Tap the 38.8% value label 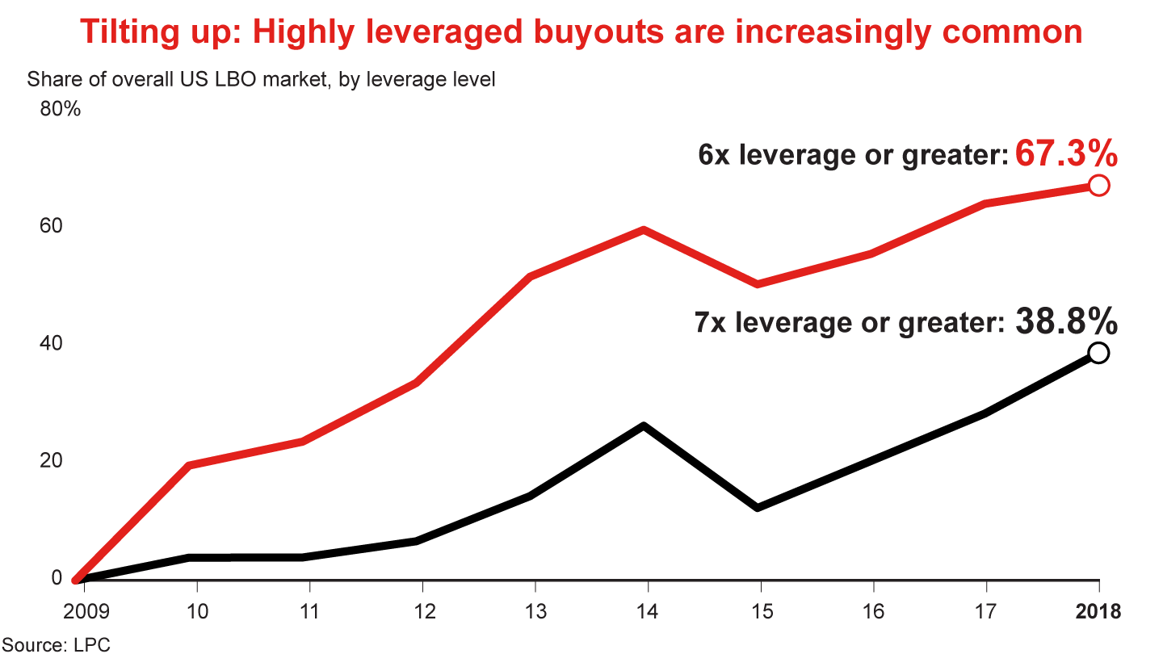1066,321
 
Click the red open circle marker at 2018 1098,186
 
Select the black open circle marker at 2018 1098,353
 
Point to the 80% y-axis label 60,109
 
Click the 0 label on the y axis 57,577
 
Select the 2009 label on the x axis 84,611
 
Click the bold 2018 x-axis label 1098,611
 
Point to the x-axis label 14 644,611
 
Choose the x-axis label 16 871,611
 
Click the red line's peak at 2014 644,230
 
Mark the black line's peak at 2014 644,426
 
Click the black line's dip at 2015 758,508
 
